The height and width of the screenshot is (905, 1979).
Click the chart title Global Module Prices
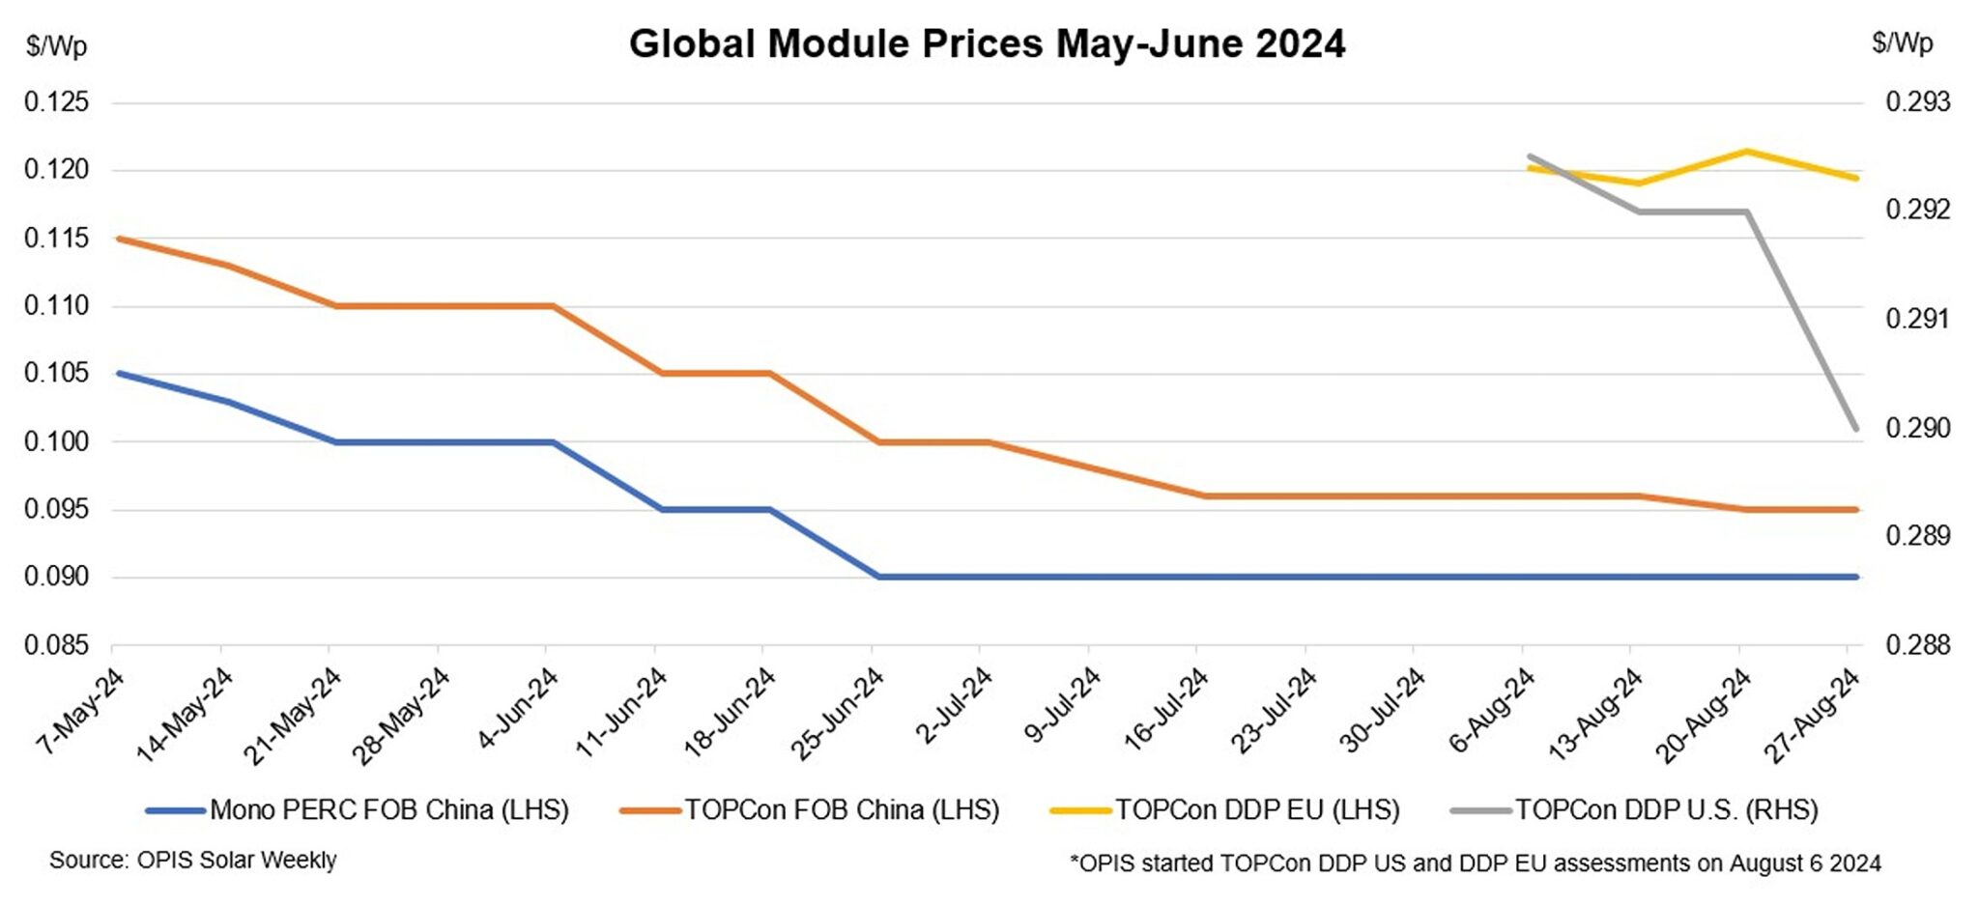[986, 44]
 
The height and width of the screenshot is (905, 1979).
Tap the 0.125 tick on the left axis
[56, 102]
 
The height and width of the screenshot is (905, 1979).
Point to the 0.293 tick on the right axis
[1918, 102]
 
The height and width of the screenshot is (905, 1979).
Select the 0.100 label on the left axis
[56, 441]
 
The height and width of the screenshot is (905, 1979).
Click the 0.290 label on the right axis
[1918, 428]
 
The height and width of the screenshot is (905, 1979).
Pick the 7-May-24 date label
[81, 713]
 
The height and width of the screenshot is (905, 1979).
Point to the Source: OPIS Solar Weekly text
[193, 860]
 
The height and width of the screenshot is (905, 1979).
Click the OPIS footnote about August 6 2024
[1475, 863]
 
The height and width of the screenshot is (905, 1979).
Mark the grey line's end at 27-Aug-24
[1855, 429]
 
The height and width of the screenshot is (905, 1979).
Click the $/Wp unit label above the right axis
[1902, 43]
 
